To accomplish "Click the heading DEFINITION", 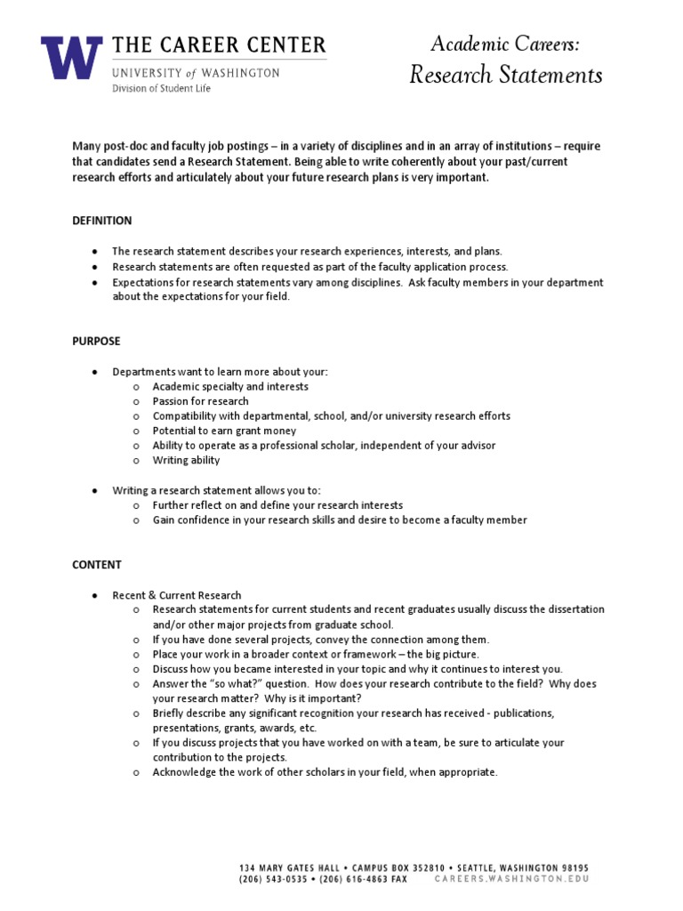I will (101, 221).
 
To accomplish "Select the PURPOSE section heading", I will (96, 341).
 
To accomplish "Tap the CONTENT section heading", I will (97, 565).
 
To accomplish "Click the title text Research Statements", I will (505, 75).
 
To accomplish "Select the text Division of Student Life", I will (156, 89).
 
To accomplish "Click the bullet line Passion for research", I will (200, 401).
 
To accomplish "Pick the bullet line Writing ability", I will (186, 461).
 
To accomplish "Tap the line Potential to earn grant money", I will (224, 431).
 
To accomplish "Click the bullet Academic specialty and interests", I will (230, 386).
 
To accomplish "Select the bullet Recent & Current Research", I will (176, 595).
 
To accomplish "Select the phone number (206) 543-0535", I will (273, 878).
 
